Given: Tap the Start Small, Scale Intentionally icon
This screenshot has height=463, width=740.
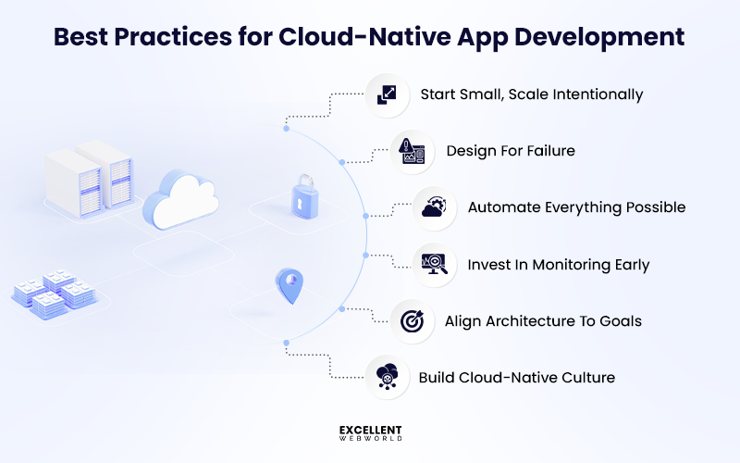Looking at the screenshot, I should [387, 95].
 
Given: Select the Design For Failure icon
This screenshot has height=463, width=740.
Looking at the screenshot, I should [412, 151].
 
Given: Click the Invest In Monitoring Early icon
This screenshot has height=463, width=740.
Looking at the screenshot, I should [435, 265].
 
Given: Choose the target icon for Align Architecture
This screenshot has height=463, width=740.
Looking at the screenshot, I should [412, 321].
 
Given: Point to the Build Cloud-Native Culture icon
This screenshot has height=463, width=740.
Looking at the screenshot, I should [387, 378].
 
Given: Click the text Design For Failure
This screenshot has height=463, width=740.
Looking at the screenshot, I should [511, 151].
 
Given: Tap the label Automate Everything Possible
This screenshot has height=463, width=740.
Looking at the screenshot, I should [576, 207].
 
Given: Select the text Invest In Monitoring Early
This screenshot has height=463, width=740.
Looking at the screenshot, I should [559, 265].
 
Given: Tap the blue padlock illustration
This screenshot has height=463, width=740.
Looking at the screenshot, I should [302, 196].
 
